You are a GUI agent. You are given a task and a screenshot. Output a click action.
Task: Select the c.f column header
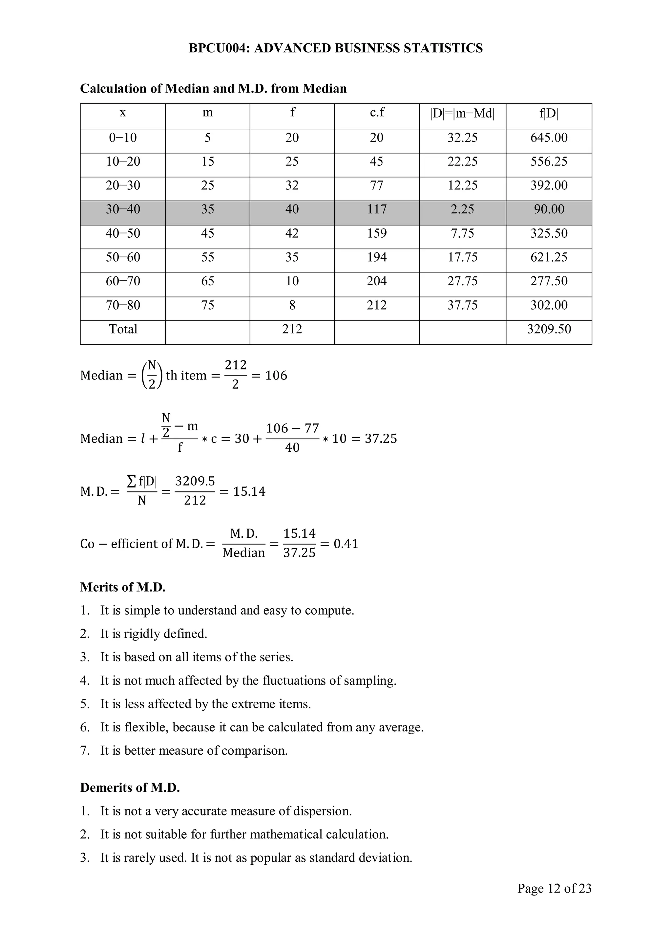pos(377,112)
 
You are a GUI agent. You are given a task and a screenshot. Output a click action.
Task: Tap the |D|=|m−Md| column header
pos(462,113)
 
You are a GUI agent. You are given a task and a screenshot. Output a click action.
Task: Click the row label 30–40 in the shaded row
pos(123,209)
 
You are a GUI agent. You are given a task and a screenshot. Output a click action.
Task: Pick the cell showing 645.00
pos(549,138)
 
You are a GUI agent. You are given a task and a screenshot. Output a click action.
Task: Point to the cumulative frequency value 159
pos(376,233)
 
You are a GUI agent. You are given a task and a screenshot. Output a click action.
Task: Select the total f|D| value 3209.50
pos(549,329)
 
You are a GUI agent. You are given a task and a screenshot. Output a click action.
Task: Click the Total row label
pos(123,329)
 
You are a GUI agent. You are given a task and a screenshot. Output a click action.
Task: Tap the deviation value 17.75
pos(462,257)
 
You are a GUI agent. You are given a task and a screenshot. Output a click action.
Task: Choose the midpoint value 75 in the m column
pos(207,305)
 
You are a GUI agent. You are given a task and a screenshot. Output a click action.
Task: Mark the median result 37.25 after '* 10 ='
pos(381,439)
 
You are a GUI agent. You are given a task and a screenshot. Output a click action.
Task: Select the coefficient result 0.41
pos(346,544)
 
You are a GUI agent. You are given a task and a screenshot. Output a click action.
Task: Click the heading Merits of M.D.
pos(123,587)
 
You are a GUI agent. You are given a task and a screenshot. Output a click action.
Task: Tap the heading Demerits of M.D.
pos(130,788)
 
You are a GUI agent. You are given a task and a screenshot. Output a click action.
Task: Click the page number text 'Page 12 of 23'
pos(554,888)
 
